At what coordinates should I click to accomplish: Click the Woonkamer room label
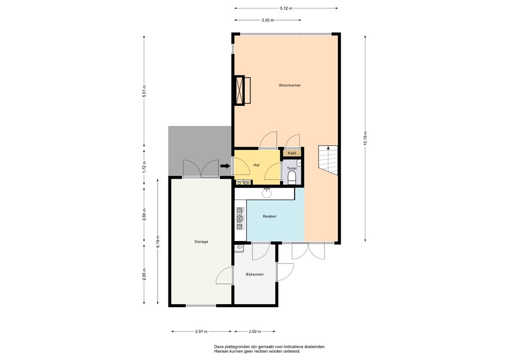[289, 85]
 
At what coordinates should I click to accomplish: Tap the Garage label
[201, 242]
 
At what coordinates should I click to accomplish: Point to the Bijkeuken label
[254, 274]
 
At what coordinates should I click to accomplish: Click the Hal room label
[256, 165]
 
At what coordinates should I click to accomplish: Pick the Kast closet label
[292, 153]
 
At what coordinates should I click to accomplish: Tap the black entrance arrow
[225, 167]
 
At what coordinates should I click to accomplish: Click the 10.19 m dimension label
[365, 138]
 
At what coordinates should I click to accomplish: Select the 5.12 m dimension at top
[286, 8]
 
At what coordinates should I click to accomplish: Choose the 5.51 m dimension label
[144, 91]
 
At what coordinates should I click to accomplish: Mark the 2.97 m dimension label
[201, 331]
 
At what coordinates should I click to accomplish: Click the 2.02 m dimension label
[254, 331]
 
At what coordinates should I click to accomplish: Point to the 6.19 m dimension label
[158, 241]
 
